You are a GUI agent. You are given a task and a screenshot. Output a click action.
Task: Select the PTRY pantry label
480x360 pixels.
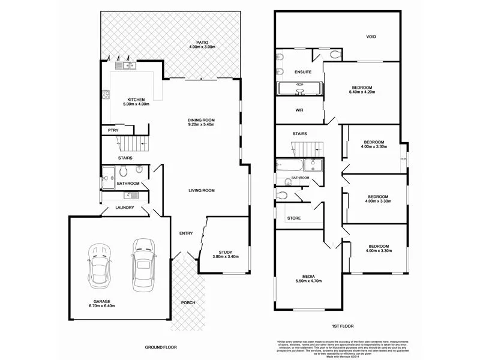click(112, 130)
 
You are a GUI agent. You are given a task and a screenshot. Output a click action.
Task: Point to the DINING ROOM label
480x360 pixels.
click(201, 120)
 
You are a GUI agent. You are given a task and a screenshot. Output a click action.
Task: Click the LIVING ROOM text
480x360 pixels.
click(201, 190)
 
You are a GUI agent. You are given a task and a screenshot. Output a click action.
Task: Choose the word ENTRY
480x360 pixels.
click(185, 233)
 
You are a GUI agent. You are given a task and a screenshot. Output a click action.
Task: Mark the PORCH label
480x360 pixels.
click(188, 302)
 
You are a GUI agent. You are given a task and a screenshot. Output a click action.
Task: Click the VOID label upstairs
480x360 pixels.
click(371, 37)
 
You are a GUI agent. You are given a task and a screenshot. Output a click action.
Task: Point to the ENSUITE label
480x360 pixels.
click(302, 71)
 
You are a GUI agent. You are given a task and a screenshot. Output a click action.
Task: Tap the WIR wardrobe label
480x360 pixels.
click(299, 110)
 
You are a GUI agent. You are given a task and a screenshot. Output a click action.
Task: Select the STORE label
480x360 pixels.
click(293, 218)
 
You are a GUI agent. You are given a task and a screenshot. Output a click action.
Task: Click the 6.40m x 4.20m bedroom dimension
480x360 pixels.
click(362, 92)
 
